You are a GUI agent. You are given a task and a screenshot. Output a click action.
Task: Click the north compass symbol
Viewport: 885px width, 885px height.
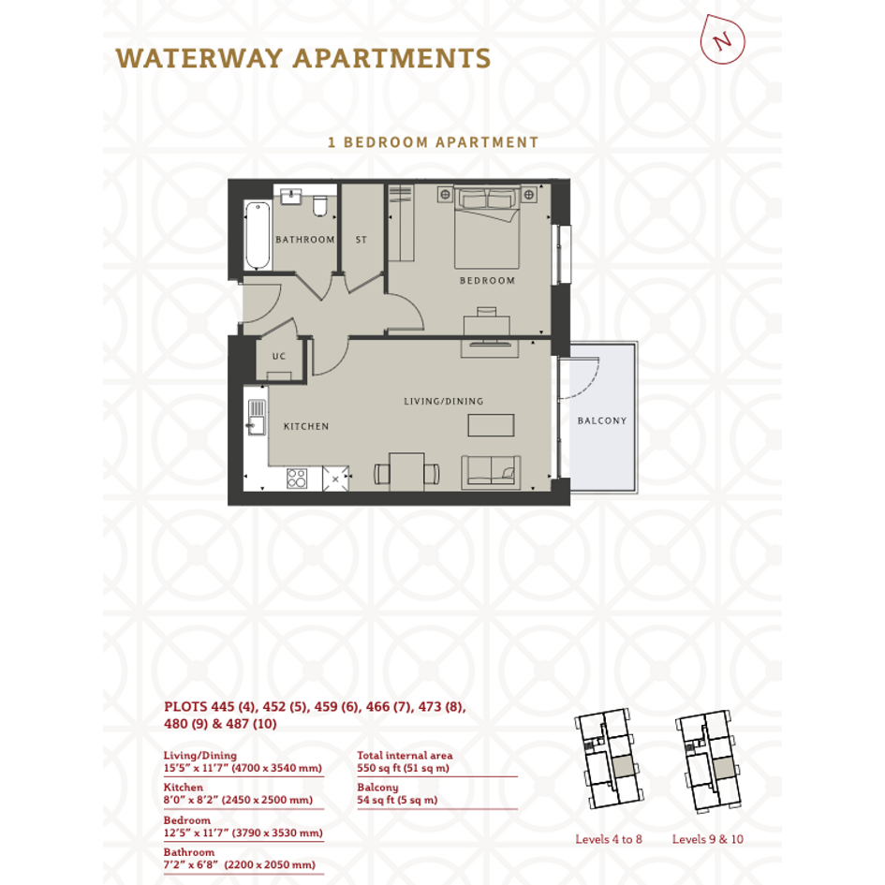pyautogui.click(x=722, y=39)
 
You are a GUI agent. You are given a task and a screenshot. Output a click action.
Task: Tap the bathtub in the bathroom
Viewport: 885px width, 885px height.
pyautogui.click(x=258, y=236)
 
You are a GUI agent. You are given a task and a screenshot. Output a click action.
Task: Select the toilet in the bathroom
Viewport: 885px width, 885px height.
pyautogui.click(x=320, y=207)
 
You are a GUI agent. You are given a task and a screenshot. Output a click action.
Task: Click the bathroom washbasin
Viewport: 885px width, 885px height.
pyautogui.click(x=291, y=197)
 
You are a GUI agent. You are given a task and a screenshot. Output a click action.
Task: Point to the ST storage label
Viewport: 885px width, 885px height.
pyautogui.click(x=361, y=240)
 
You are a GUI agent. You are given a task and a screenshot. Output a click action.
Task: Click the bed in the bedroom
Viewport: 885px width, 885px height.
pyautogui.click(x=487, y=227)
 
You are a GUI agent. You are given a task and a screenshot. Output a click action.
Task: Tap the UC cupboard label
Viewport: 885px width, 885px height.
pyautogui.click(x=279, y=356)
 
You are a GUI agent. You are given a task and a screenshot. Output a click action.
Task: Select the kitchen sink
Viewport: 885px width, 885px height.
pyautogui.click(x=257, y=418)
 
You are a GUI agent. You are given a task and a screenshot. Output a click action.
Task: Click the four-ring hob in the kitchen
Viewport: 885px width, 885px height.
pyautogui.click(x=297, y=478)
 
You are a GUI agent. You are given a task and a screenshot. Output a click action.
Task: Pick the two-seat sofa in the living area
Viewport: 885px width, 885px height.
pyautogui.click(x=491, y=472)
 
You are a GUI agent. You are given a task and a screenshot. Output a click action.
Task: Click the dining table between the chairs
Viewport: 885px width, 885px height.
pyautogui.click(x=406, y=472)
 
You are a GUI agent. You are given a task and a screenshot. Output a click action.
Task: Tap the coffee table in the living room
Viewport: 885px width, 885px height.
pyautogui.click(x=491, y=425)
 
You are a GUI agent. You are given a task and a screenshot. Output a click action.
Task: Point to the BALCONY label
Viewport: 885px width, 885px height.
pyautogui.click(x=602, y=420)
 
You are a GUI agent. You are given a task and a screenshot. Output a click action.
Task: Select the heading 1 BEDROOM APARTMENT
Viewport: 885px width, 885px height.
pyautogui.click(x=433, y=142)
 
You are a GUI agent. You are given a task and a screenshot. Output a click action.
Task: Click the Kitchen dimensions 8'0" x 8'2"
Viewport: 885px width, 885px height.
pyautogui.click(x=190, y=800)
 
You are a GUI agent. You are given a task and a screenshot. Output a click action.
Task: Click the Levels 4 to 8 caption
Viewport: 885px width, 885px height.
pyautogui.click(x=609, y=839)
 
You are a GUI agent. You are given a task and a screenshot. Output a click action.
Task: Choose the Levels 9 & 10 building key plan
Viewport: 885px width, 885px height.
pyautogui.click(x=709, y=761)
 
